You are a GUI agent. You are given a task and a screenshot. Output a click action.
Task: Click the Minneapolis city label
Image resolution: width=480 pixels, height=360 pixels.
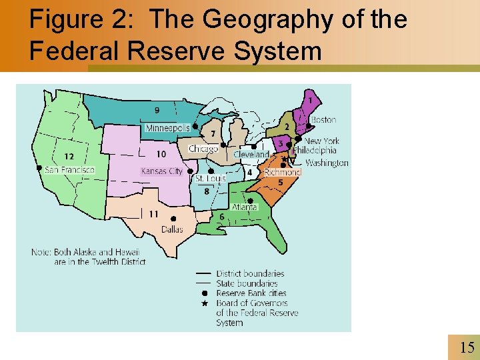point(167,127)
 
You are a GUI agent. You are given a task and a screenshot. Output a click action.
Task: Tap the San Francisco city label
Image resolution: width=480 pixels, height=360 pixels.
point(69,170)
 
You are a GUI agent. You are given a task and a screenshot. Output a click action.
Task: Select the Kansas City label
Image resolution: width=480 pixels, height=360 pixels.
point(161,171)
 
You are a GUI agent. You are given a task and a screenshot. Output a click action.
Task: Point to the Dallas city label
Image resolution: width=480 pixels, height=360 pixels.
point(172,229)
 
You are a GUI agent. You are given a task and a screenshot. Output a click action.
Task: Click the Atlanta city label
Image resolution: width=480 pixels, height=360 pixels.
point(245,207)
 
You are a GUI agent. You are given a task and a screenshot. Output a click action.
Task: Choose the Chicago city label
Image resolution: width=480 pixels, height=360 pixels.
point(203,149)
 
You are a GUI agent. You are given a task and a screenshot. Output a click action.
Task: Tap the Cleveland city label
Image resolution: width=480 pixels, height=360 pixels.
point(251,154)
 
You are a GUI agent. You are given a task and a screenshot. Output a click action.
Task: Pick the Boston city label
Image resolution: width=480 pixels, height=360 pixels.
point(323,120)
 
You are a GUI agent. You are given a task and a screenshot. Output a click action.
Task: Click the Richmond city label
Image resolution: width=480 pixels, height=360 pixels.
point(282,172)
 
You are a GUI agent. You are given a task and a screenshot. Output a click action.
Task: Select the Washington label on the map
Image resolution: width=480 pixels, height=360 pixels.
point(327,163)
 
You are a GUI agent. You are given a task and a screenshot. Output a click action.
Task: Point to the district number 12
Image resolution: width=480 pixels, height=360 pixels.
point(69,156)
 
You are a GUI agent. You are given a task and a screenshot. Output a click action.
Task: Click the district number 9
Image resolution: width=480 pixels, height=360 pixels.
point(157,110)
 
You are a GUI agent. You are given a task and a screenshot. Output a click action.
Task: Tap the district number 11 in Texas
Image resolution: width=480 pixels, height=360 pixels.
point(153,214)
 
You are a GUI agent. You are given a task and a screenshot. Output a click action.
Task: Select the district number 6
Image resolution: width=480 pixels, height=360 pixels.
point(221,217)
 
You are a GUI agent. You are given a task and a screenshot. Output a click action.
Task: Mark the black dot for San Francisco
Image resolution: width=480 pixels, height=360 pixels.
point(39,168)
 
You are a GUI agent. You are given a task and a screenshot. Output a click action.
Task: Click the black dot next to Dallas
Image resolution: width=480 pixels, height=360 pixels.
point(173,219)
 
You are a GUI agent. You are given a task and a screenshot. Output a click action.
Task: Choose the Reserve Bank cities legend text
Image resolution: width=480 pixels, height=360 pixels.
point(251,293)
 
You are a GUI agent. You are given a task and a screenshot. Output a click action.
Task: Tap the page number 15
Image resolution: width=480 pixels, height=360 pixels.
point(467,347)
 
